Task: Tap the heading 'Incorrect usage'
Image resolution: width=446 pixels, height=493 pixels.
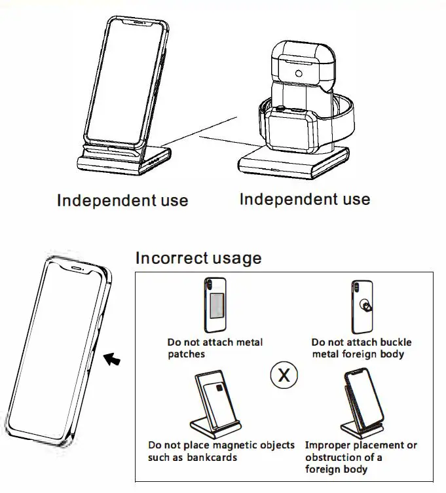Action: click(198, 257)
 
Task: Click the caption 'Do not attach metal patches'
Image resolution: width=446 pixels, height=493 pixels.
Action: click(215, 348)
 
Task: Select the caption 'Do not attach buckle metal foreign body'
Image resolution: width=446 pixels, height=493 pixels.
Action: click(362, 348)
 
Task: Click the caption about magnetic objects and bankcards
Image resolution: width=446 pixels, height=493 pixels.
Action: click(221, 451)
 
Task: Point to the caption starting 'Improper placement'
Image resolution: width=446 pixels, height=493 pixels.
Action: click(361, 457)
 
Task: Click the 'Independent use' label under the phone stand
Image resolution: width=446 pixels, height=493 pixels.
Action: click(122, 200)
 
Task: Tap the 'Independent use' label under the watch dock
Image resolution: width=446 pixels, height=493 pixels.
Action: click(305, 199)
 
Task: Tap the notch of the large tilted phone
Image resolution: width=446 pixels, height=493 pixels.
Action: click(77, 268)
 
